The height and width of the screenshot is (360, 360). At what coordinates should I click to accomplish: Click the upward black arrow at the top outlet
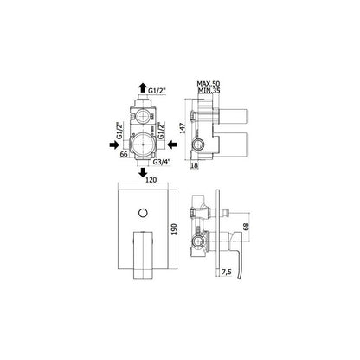[142, 87]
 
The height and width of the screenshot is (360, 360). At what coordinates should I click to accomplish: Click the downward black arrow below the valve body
[142, 173]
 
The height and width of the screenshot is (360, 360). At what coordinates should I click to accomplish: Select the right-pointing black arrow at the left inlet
[114, 145]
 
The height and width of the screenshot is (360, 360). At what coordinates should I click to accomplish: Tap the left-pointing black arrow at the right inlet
[172, 145]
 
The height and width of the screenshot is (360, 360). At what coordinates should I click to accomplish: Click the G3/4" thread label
[162, 162]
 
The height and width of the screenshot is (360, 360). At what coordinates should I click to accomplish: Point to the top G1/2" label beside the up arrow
[157, 91]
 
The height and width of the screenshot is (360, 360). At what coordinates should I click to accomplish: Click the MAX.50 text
[209, 84]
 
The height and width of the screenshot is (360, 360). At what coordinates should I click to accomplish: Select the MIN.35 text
[209, 91]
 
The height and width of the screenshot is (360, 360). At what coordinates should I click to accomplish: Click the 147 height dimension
[183, 127]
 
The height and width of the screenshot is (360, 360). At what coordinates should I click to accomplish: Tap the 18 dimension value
[195, 165]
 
